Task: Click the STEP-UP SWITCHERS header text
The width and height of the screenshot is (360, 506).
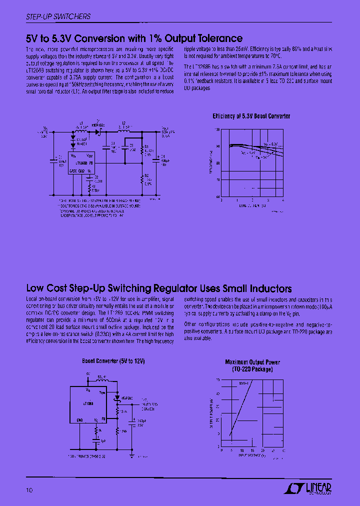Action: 58,16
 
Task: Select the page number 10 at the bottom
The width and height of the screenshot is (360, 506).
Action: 29,490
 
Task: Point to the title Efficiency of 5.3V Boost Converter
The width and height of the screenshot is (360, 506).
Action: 251,116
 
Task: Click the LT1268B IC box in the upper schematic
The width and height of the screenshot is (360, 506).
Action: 81,162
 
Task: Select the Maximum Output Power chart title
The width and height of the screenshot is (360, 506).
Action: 252,365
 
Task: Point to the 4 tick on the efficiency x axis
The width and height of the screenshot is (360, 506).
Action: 283,200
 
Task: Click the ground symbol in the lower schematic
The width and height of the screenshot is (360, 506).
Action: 131,455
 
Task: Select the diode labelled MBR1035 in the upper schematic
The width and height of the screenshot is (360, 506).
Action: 99,130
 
